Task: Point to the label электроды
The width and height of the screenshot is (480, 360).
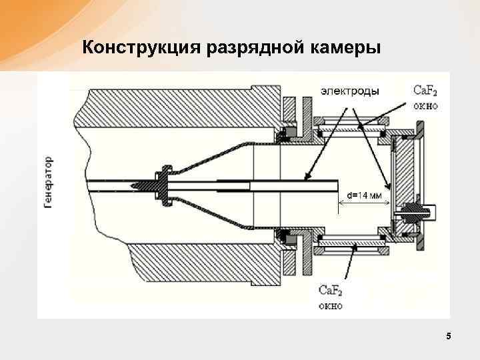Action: (349, 91)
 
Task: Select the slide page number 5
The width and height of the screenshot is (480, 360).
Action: (449, 337)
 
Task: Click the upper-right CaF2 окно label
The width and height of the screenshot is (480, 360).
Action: (425, 98)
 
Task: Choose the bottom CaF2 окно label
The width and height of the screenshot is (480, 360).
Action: (331, 297)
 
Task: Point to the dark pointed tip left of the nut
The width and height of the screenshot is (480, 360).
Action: (141, 184)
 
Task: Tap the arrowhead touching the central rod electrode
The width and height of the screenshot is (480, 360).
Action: (307, 178)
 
